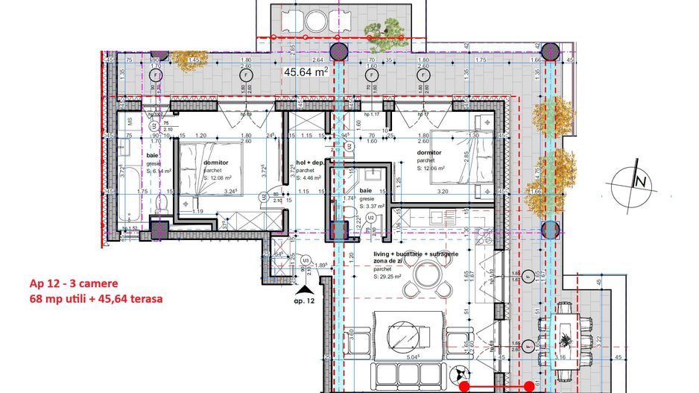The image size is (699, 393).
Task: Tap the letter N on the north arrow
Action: click(x=639, y=181)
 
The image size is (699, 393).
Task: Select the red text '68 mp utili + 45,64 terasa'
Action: click(x=96, y=299)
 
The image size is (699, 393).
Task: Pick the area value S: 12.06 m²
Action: click(x=431, y=169)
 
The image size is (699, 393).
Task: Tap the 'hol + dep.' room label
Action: click(x=311, y=162)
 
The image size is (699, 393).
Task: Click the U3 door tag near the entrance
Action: click(x=306, y=259)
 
